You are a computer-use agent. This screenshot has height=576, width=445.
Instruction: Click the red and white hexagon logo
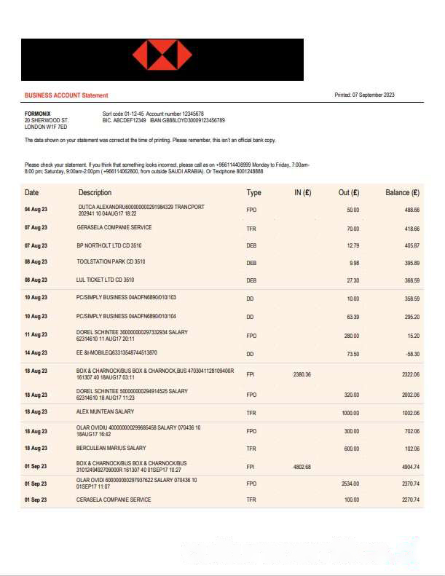[162, 56]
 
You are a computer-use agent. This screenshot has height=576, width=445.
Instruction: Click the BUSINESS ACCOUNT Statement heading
[66, 95]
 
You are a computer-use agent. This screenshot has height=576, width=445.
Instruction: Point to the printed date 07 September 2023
[374, 95]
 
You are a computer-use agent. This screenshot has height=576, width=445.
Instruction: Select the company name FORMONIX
[38, 114]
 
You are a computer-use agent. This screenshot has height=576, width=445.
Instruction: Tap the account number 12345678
[188, 114]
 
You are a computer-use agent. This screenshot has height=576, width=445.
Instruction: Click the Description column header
[95, 193]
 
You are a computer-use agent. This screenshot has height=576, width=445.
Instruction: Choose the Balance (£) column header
[402, 193]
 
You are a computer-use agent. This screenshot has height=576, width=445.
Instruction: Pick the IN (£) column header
[302, 193]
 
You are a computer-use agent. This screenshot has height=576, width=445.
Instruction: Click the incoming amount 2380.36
[302, 374]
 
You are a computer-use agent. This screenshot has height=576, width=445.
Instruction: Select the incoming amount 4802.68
[302, 467]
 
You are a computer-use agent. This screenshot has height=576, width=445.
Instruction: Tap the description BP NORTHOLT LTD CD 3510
[109, 246]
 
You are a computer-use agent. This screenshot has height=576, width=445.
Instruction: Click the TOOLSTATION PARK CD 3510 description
[111, 261]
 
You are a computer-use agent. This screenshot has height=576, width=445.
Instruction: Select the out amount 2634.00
[350, 483]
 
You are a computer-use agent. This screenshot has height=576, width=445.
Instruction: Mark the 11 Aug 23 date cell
[36, 335]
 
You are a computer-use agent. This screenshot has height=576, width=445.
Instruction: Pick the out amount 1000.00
[350, 413]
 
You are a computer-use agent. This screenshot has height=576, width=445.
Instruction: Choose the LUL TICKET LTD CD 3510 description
[106, 280]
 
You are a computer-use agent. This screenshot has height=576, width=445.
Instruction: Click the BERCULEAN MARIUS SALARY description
[111, 448]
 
